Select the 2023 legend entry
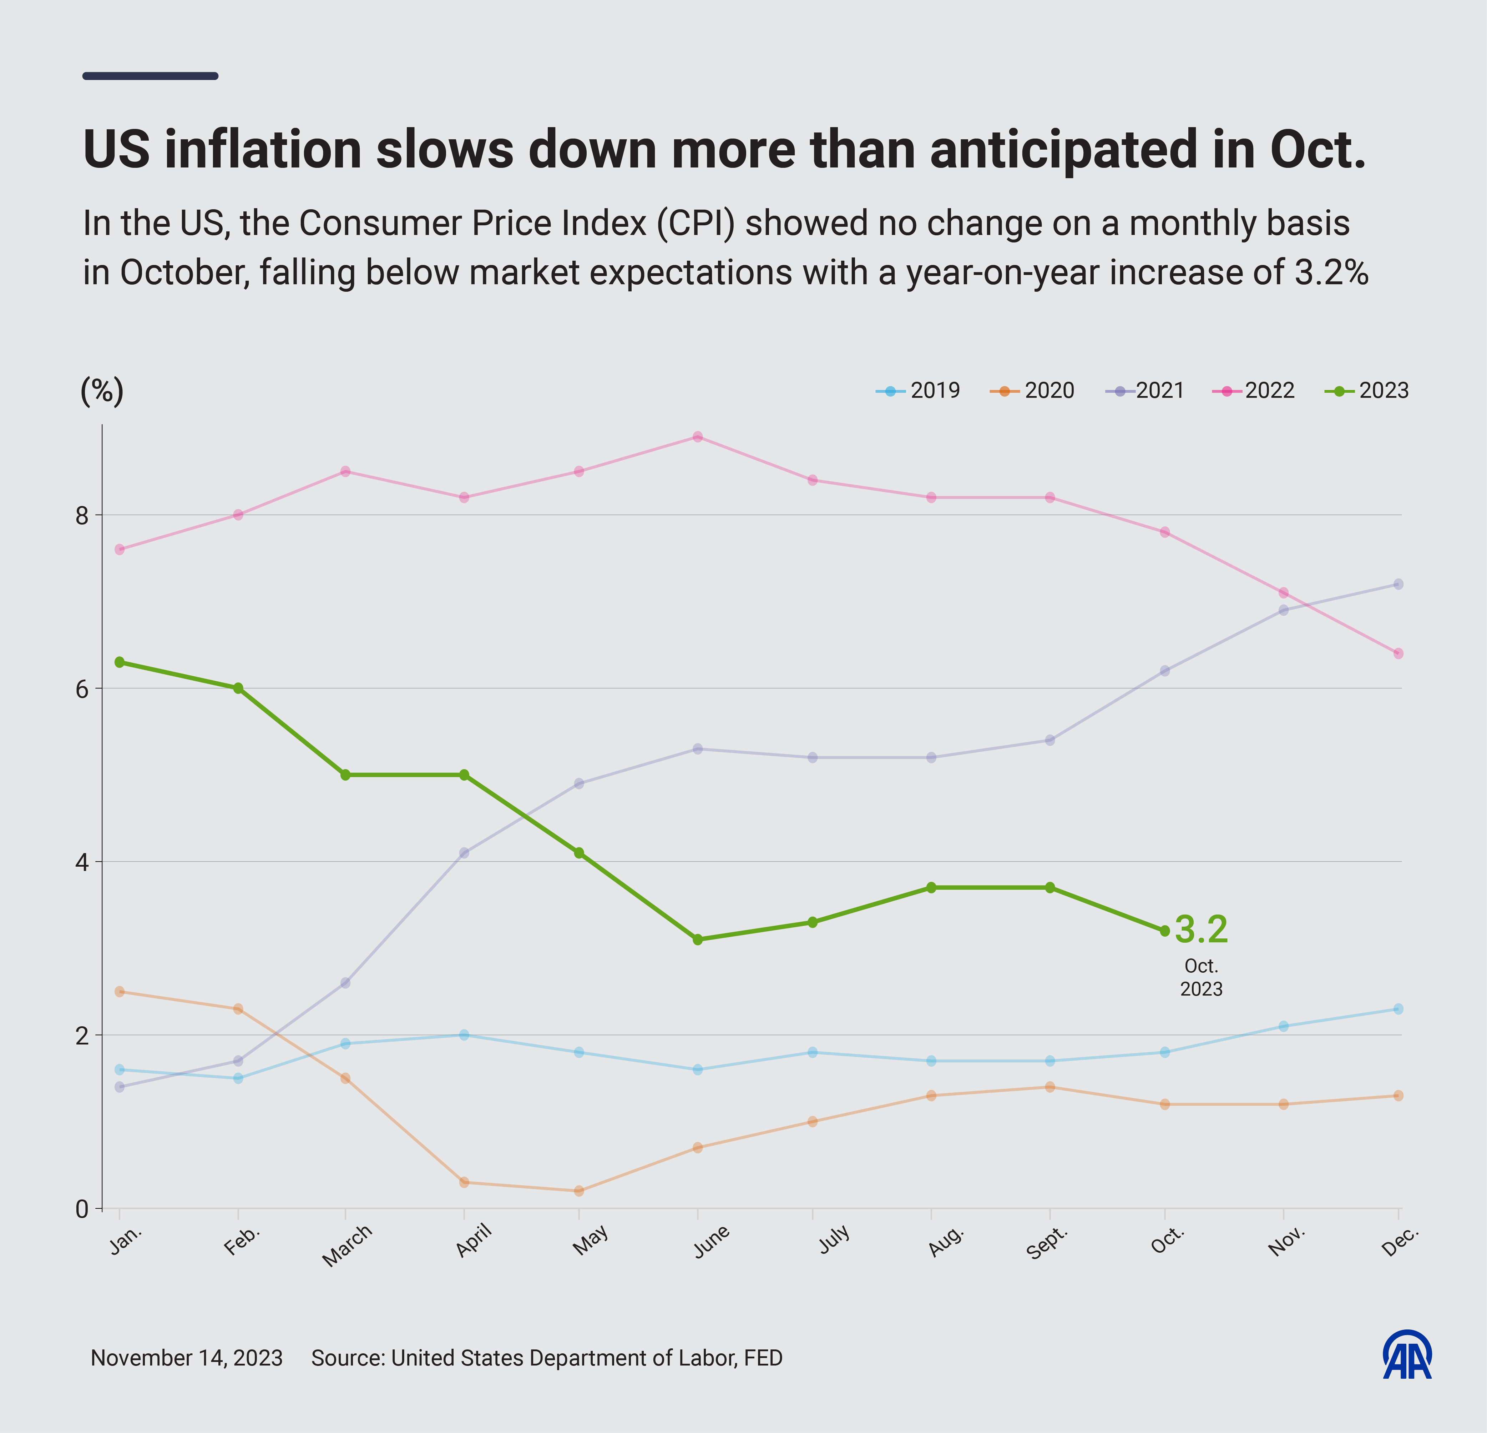click(1367, 391)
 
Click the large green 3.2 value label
click(1201, 930)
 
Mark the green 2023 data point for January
click(119, 662)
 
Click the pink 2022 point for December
click(1398, 653)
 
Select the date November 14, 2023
click(187, 1358)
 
